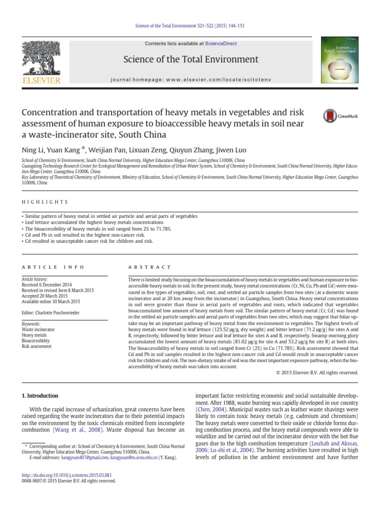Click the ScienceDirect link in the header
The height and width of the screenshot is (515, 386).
[220, 44]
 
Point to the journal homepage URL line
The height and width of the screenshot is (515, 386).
[190, 79]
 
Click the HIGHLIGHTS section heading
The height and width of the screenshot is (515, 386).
[44, 202]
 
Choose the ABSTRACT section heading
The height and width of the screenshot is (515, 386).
[150, 267]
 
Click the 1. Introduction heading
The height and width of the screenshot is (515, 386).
[40, 396]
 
